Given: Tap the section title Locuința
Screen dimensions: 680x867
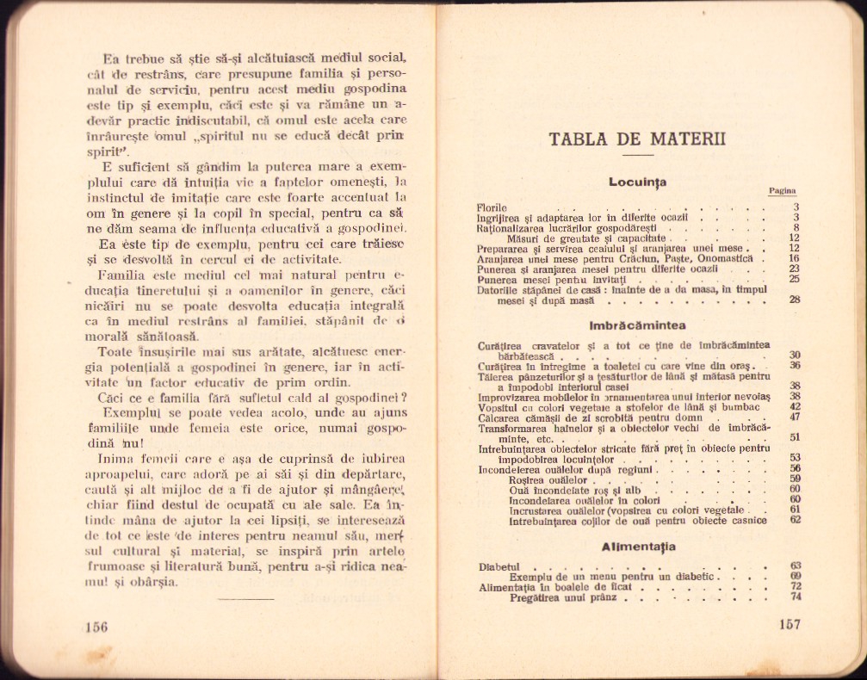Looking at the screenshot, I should (637, 182).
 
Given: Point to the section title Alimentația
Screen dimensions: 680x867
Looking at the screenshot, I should (638, 547).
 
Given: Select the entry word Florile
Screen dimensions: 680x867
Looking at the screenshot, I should (493, 207).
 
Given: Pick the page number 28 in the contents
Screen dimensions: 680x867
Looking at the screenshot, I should (795, 300).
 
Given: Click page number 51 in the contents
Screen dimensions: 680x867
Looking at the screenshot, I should (795, 437).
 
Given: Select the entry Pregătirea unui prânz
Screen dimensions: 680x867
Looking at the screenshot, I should (565, 597).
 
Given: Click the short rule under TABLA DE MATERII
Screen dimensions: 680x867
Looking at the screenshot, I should (637, 155).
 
